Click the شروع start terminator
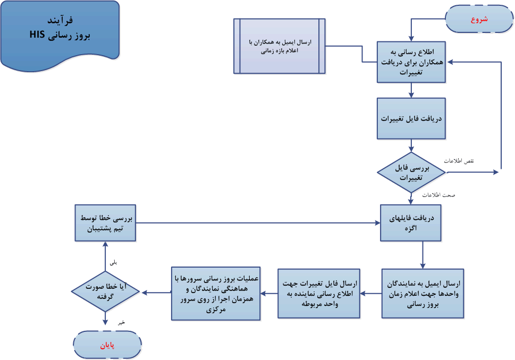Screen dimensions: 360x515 [x=479, y=19]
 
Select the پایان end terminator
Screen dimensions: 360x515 [x=107, y=345]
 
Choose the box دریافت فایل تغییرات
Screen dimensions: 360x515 [x=411, y=118]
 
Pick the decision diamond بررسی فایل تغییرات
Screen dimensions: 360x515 [x=411, y=172]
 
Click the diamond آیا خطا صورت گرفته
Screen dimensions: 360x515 [x=105, y=291]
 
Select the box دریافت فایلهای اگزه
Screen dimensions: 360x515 [x=410, y=222]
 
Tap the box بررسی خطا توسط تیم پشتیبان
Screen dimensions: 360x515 [x=105, y=223]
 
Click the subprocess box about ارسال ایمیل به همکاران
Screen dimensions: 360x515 [x=280, y=46]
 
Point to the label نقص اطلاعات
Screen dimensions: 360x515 [x=459, y=160]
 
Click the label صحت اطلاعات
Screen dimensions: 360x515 [x=438, y=195]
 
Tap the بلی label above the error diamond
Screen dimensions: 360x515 [x=113, y=262]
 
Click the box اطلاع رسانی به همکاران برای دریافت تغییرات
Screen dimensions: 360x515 [x=411, y=62]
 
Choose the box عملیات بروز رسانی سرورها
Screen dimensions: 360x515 [x=216, y=293]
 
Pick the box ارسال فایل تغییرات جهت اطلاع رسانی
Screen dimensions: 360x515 [x=318, y=293]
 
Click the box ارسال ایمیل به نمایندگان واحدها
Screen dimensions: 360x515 [x=423, y=293]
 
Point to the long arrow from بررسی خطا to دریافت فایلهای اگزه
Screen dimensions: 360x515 [x=255, y=223]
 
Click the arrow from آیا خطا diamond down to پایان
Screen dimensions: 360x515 [x=105, y=320]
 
